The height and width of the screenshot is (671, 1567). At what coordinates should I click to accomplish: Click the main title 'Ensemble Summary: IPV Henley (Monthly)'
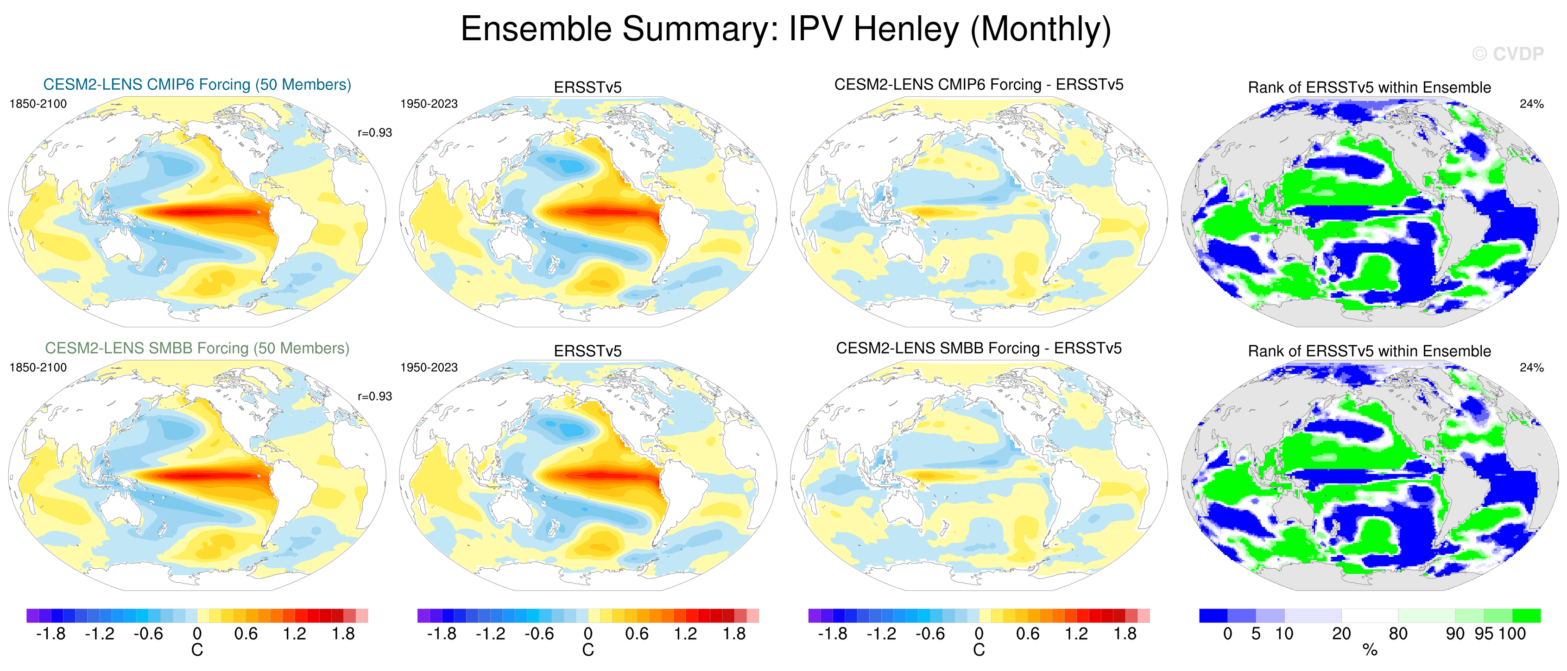pyautogui.click(x=785, y=29)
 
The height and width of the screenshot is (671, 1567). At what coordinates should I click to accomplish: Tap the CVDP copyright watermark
pyautogui.click(x=1507, y=54)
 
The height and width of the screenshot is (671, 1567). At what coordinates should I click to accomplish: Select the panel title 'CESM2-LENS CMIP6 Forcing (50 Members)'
pyautogui.click(x=197, y=85)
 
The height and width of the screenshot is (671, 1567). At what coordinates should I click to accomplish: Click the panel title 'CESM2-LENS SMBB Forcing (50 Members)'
pyautogui.click(x=197, y=348)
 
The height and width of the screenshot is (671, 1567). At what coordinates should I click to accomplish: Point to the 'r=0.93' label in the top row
pyautogui.click(x=375, y=132)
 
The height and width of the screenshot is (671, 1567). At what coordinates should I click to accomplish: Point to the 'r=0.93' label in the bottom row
pyautogui.click(x=375, y=396)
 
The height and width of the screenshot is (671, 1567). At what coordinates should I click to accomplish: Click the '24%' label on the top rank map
pyautogui.click(x=1531, y=104)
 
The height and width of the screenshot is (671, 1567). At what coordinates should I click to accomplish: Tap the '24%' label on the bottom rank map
pyautogui.click(x=1531, y=368)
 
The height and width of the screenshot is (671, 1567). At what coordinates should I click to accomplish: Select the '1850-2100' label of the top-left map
pyautogui.click(x=38, y=104)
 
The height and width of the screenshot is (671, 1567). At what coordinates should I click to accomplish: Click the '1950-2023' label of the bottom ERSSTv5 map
pyautogui.click(x=429, y=368)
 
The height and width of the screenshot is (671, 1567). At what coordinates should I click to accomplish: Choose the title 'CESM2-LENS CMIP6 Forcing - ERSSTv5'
pyautogui.click(x=979, y=85)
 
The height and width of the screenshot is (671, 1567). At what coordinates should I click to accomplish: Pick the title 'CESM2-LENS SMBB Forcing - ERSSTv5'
pyautogui.click(x=979, y=348)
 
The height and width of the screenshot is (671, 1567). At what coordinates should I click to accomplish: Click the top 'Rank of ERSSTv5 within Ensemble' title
pyautogui.click(x=1369, y=87)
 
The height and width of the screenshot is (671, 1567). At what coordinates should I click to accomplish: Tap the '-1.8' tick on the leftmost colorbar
pyautogui.click(x=51, y=634)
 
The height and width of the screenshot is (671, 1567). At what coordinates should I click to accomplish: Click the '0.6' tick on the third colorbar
pyautogui.click(x=1027, y=634)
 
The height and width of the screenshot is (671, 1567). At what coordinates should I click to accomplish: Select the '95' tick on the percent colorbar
pyautogui.click(x=1484, y=634)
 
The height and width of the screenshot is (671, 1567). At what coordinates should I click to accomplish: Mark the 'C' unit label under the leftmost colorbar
pyautogui.click(x=197, y=650)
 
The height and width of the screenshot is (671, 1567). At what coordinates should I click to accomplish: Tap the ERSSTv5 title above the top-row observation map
pyautogui.click(x=588, y=87)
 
